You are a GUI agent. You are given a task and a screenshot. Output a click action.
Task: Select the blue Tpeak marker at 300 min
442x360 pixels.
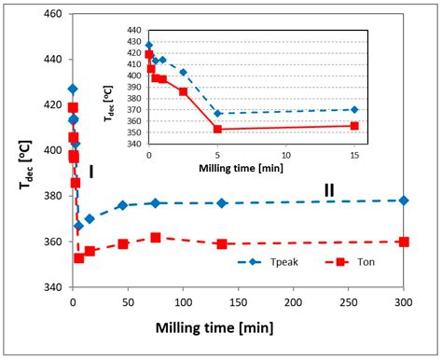point(403,201)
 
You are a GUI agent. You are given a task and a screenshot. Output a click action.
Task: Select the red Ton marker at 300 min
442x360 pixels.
point(403,242)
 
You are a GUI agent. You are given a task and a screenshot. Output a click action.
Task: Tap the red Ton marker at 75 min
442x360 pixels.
point(156,238)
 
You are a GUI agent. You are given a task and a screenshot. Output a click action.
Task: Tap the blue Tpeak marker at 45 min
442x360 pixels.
point(122,205)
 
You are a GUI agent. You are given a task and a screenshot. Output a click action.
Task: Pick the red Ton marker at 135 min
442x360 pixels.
point(222,244)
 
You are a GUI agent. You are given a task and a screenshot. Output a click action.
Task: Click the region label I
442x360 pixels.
point(91,172)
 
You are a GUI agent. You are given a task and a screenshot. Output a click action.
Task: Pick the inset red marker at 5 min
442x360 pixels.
point(217,129)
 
